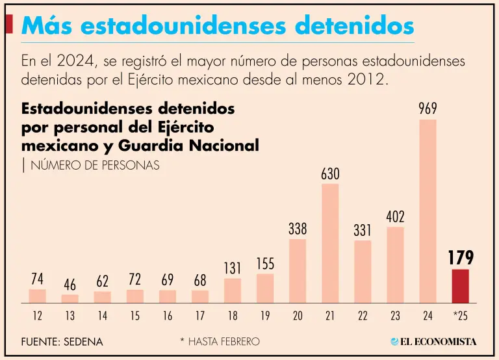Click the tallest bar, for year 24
(428, 211)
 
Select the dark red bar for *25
(460, 286)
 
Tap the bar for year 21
(330, 243)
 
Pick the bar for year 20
(298, 270)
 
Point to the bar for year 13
(70, 298)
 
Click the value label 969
(428, 109)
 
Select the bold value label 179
(460, 258)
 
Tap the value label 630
(330, 174)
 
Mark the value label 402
(395, 217)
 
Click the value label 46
(70, 285)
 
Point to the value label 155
(265, 264)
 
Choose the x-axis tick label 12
(37, 316)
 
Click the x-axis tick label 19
(265, 316)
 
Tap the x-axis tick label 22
(363, 316)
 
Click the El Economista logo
(433, 341)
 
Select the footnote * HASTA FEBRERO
(220, 341)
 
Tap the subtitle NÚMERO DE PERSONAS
(95, 165)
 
